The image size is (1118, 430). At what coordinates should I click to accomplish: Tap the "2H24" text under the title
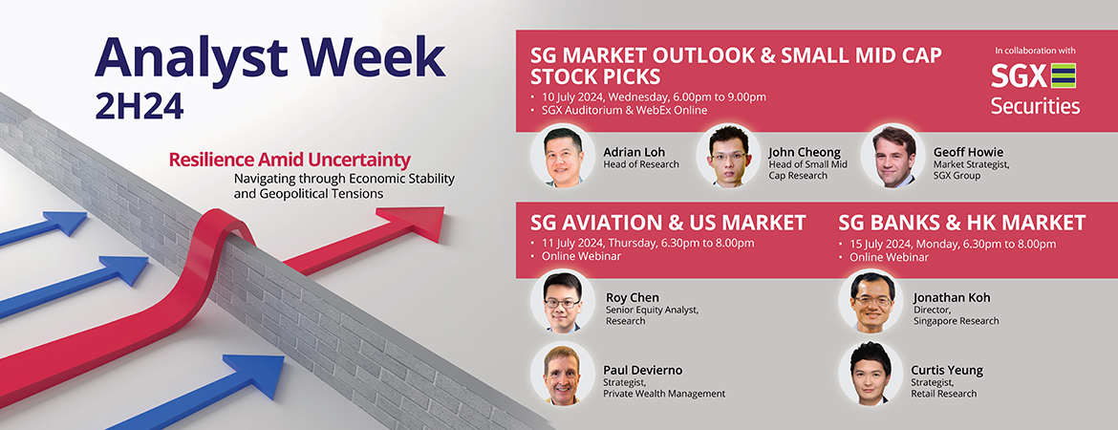point(140,106)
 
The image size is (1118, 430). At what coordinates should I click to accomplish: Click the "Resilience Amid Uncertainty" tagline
point(290,159)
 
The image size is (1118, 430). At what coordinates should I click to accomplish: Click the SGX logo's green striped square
point(1064,75)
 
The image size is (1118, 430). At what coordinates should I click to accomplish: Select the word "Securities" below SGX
point(1035,105)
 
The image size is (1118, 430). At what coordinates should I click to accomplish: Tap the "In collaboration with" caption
point(1035,51)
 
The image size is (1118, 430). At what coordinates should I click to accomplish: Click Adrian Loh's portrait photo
point(563,156)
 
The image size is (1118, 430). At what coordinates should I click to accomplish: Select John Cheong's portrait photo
point(728,156)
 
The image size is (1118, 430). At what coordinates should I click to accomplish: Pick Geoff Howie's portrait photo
point(892,156)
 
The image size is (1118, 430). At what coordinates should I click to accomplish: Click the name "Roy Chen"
point(633,297)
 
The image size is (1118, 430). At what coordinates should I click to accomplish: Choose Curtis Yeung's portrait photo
point(871,373)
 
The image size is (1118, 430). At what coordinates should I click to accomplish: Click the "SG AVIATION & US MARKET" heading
point(668,223)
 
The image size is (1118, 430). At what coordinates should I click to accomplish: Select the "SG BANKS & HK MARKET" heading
point(962,223)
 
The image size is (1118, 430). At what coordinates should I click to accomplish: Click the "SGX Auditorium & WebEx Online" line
point(623,110)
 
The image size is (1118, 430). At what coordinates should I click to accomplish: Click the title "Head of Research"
point(641,164)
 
